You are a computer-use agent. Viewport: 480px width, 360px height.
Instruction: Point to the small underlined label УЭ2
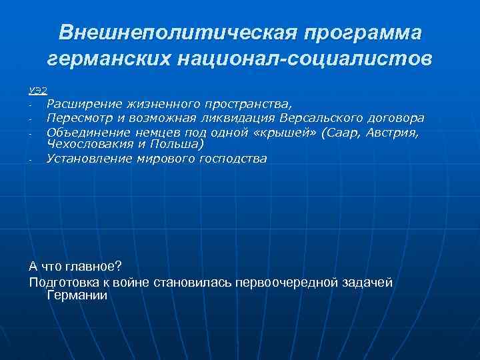(x=38, y=91)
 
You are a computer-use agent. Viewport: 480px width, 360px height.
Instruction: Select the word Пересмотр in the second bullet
(x=77, y=118)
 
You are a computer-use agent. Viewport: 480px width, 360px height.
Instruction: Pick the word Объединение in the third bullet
(x=84, y=132)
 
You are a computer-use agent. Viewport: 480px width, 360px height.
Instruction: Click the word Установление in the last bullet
(x=86, y=159)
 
